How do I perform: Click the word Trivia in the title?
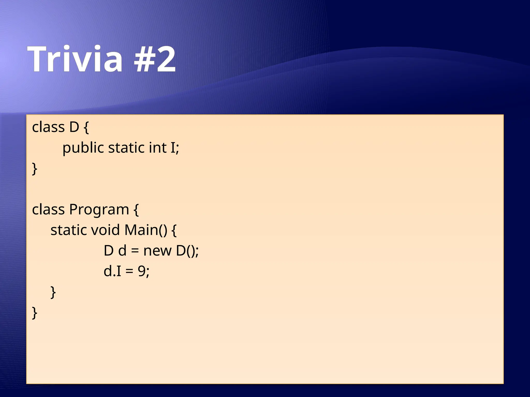coord(75,59)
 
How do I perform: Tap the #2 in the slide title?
coord(155,59)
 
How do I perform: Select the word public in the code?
coord(83,148)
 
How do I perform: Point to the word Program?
coord(99,210)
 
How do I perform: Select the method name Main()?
coord(146,230)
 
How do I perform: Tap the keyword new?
coord(157,251)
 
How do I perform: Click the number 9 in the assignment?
coord(142,271)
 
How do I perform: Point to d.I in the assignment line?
coord(112,271)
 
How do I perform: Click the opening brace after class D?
coord(86,128)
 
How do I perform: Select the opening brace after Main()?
coord(174,231)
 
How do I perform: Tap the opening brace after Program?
coord(136,210)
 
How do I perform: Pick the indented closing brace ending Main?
coord(53,292)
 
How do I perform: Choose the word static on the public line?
coord(126,148)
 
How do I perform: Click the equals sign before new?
coord(135,251)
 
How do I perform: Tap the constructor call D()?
coord(187,251)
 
